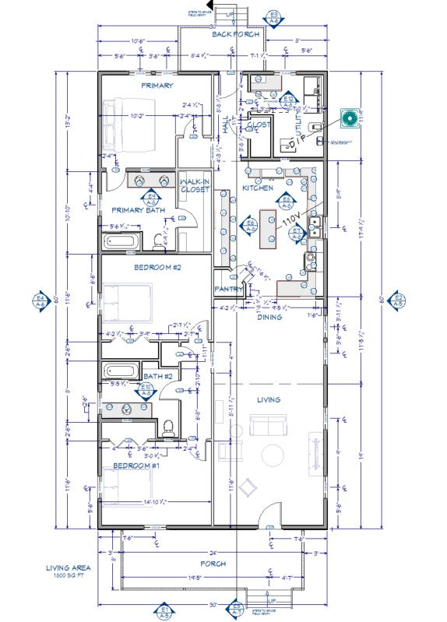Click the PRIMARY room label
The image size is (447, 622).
point(157,86)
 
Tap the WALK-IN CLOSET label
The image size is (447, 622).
point(195,185)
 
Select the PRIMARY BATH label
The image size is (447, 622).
point(139,210)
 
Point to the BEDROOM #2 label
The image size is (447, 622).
point(157,267)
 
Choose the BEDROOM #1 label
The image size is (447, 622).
point(136,465)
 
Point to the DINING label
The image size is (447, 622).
point(270,316)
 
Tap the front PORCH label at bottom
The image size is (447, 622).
point(213,563)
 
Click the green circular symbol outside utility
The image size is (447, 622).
point(350,118)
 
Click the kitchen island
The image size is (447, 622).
point(269,226)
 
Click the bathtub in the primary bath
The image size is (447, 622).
point(121,241)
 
